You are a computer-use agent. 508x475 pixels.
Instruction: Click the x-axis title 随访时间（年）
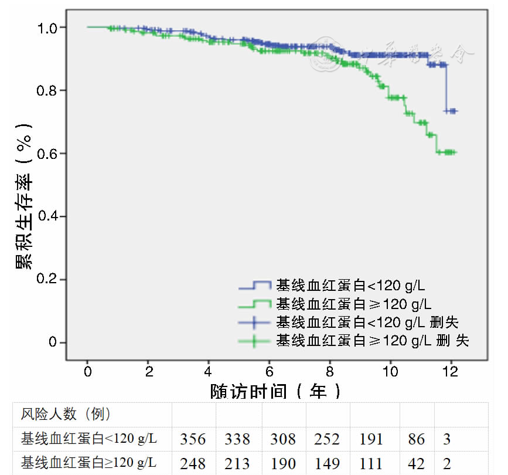point(275,391)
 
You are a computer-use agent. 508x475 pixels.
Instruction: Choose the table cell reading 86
point(416,439)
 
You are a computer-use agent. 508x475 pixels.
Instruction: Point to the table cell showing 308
point(284,439)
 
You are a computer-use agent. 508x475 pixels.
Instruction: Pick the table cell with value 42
point(416,463)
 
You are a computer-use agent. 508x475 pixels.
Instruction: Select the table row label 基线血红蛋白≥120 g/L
point(89,463)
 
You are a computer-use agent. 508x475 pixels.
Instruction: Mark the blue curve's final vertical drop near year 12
point(446,88)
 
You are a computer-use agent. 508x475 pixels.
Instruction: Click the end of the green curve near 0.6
point(455,152)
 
